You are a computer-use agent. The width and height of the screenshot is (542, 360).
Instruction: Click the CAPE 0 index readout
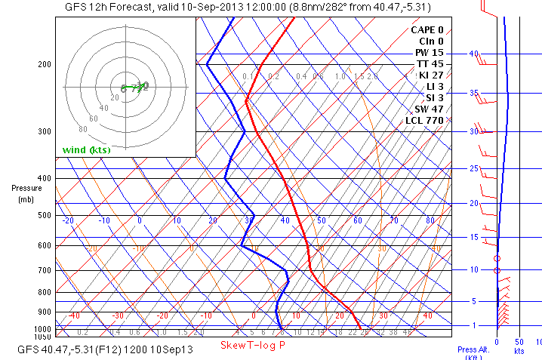[x=427, y=29]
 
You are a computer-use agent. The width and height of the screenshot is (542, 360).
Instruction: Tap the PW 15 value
[x=429, y=52]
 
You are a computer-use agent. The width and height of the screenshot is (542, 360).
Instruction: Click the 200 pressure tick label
[x=45, y=65]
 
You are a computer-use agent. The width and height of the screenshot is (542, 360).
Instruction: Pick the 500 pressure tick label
[x=45, y=215]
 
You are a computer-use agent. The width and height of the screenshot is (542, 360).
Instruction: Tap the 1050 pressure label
[x=42, y=336]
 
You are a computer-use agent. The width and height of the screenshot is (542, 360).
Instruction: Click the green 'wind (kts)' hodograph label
[x=86, y=149]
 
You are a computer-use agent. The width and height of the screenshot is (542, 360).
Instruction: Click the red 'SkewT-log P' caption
[x=252, y=345]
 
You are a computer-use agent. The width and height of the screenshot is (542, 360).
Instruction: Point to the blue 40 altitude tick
[x=474, y=54]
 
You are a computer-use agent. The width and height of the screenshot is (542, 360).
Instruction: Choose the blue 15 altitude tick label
[x=474, y=237]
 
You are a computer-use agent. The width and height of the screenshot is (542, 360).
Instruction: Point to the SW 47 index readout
[x=428, y=109]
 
